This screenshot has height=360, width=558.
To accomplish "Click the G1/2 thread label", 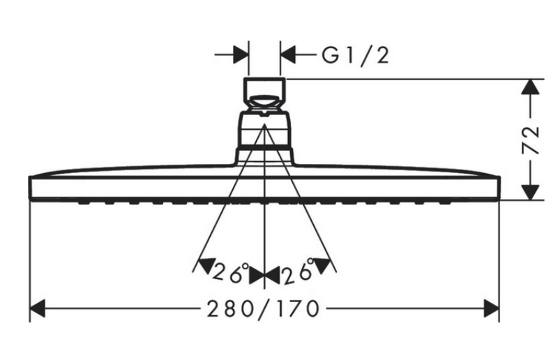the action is coord(355,57).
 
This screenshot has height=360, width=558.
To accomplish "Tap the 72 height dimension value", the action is coord(530,140).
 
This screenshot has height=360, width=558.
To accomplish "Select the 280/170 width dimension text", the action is coord(263,309).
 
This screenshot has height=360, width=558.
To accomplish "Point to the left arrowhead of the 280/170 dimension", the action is coord(38,308).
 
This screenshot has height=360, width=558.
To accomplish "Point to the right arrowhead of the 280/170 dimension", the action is coord(492,308).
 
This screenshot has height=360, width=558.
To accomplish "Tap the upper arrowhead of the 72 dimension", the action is coord(530,87).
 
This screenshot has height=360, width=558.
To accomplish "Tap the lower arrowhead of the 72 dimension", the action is coord(530,193).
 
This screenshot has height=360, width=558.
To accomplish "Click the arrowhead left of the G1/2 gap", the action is coord(241,55).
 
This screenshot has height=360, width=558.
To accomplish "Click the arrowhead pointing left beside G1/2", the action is coord(288,55).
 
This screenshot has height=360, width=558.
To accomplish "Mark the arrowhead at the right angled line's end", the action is coord(322,266).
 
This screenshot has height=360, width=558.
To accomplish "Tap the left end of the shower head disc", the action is coord(30,187).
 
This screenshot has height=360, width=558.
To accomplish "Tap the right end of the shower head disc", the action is coord(499,187).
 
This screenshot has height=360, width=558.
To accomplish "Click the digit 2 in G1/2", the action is coord(382,57).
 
